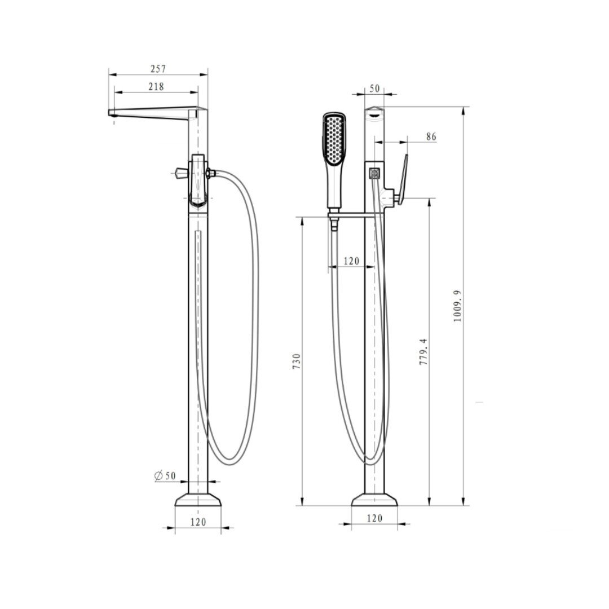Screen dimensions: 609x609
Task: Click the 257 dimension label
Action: [x=158, y=69]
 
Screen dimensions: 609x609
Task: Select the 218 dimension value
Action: [x=156, y=87]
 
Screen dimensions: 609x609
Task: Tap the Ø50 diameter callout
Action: [x=165, y=475]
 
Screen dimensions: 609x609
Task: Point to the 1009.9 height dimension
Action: [x=457, y=306]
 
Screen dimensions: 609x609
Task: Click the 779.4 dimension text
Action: [x=423, y=351]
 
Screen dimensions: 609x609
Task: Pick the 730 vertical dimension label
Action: [x=297, y=361]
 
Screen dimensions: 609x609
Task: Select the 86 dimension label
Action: [x=431, y=136]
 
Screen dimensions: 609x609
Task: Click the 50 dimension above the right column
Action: [x=374, y=89]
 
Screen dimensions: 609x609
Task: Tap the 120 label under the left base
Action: [x=198, y=522]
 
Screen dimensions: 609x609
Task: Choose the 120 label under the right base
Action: [x=374, y=518]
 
